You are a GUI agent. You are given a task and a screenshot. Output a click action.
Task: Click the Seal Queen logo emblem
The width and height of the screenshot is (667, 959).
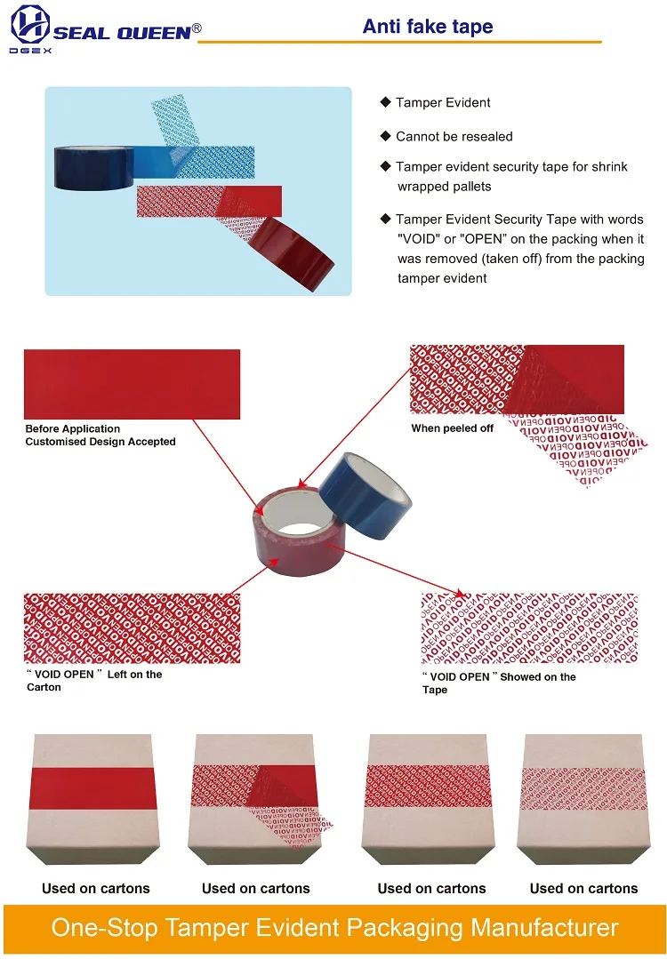pos(30,24)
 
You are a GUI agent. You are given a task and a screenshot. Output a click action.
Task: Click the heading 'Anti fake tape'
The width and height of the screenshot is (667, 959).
pos(427,27)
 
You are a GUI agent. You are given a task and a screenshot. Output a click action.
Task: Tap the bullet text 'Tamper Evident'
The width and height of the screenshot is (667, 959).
pos(443,103)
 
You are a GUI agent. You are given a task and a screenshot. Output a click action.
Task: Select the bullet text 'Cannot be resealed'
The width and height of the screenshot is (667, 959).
pos(454,137)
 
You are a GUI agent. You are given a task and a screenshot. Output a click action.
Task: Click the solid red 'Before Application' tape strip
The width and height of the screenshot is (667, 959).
pos(132,384)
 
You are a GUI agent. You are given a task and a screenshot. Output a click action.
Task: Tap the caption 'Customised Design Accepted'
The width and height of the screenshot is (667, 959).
pos(100,442)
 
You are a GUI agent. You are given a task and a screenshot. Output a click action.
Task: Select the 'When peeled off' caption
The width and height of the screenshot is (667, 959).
pos(452,428)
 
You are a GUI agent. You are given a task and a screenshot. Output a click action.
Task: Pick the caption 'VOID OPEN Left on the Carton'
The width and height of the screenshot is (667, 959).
pos(93,681)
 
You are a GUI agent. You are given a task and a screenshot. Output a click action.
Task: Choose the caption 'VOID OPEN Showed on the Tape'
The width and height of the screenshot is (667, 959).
pos(498,683)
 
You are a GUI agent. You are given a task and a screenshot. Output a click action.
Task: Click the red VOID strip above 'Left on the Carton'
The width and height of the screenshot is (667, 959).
pos(132,628)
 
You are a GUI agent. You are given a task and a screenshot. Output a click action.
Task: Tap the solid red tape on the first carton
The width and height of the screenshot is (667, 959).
pos(92,786)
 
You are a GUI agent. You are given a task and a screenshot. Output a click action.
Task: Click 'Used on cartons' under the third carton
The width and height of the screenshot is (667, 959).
pos(431,888)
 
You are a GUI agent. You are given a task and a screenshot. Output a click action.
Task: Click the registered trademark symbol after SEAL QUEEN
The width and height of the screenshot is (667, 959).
pos(197,28)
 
